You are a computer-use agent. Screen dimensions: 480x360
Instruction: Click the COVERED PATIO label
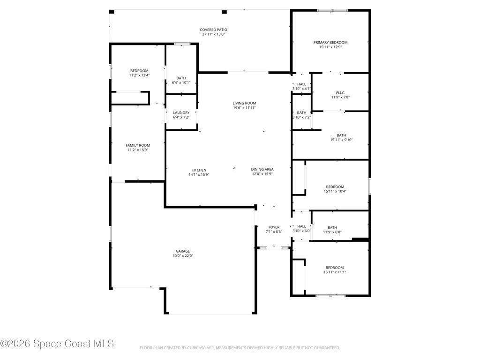pyautogui.click(x=213, y=30)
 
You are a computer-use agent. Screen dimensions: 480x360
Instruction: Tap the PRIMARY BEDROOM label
pyautogui.click(x=330, y=43)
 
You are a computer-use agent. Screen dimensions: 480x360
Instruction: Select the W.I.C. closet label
pyautogui.click(x=340, y=93)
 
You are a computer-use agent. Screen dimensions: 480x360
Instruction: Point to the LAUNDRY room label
pyautogui.click(x=181, y=112)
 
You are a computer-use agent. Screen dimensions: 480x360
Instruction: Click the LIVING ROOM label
pyautogui.click(x=244, y=103)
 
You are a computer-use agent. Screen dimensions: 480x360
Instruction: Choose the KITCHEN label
pyautogui.click(x=199, y=170)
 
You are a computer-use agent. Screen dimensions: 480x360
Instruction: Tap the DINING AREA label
pyautogui.click(x=262, y=169)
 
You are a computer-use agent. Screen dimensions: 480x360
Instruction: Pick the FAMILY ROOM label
pyautogui.click(x=138, y=145)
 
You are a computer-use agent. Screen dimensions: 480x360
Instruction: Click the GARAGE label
pyautogui.click(x=183, y=251)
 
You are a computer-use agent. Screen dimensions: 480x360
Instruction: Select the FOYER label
pyautogui.click(x=274, y=227)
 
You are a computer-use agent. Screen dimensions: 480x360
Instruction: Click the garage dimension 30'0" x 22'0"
pyautogui.click(x=183, y=256)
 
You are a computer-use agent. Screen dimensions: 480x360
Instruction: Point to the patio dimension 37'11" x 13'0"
pyautogui.click(x=213, y=34)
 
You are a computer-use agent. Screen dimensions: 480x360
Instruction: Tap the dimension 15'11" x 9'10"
pyautogui.click(x=341, y=140)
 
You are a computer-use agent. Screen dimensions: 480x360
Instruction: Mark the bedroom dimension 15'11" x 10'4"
pyautogui.click(x=335, y=191)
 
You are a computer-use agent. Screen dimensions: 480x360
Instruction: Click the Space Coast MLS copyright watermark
pyautogui.click(x=57, y=344)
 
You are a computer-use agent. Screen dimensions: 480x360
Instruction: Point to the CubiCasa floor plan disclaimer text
pyautogui.click(x=240, y=348)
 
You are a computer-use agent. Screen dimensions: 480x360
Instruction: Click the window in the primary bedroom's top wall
pyautogui.click(x=332, y=10)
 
